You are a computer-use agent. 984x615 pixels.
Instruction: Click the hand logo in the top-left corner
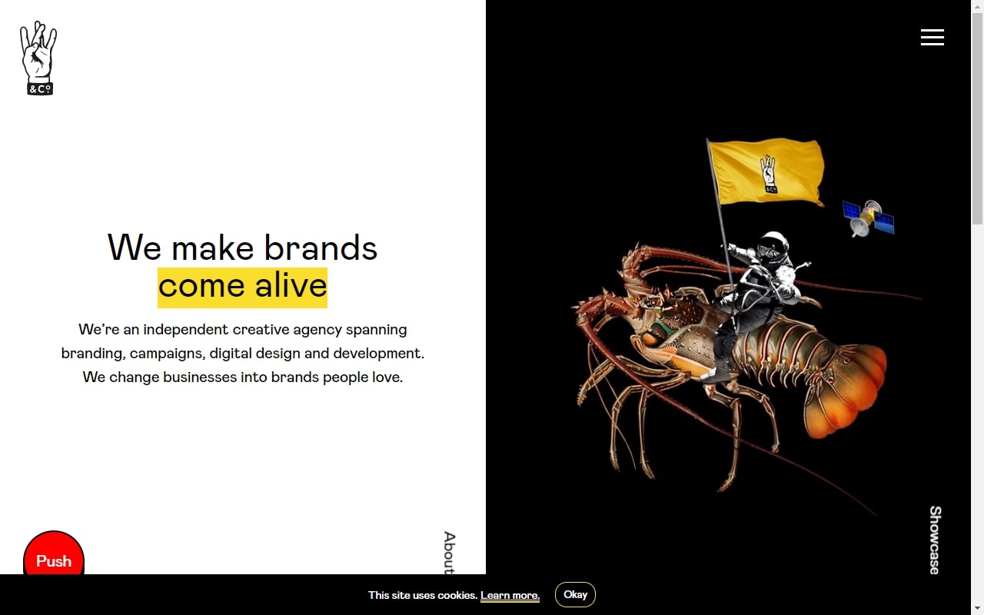pos(38,58)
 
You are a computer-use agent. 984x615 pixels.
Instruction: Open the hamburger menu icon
pos(932,38)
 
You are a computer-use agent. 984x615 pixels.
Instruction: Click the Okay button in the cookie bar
pos(575,594)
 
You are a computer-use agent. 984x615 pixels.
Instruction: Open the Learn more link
pos(510,595)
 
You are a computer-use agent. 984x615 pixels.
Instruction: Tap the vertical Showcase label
pos(936,540)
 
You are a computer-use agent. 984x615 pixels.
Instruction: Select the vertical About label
pos(450,553)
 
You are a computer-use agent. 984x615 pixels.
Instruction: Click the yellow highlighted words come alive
pos(242,288)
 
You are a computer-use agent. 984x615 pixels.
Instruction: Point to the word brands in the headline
pos(321,248)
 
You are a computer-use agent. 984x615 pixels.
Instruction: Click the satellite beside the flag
pos(868,218)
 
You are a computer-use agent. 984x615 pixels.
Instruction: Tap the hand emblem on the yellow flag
pos(768,174)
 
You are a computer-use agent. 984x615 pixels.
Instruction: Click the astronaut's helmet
pos(773,247)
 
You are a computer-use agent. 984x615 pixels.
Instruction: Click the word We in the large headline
pos(135,248)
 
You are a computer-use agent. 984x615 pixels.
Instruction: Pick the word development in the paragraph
pos(379,354)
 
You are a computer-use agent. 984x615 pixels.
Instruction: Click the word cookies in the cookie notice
pos(457,595)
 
